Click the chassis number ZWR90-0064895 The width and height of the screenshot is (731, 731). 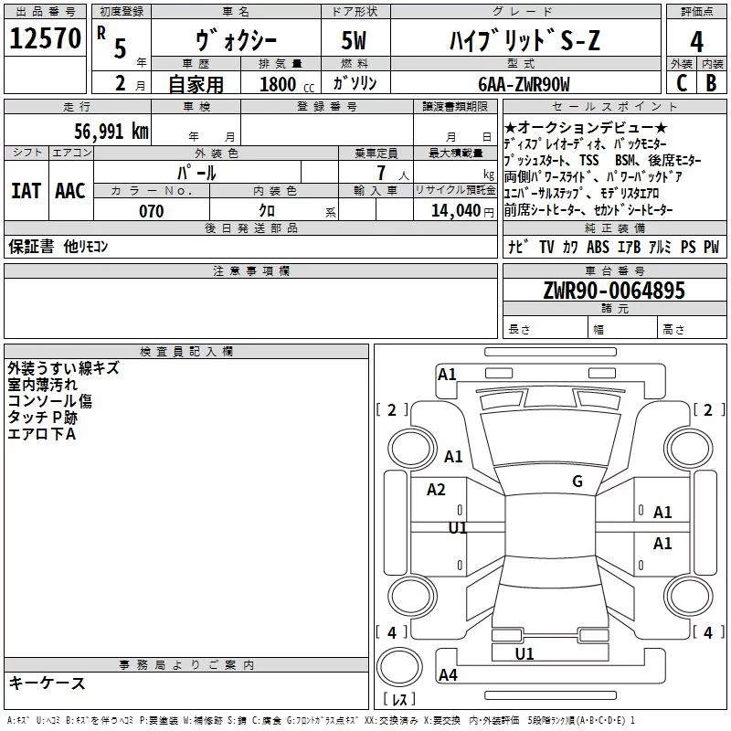613,291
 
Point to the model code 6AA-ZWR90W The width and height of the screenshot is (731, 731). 524,84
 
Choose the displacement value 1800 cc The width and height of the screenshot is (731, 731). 281,84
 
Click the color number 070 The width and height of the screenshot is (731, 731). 151,211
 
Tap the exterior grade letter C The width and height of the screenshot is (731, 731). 680,83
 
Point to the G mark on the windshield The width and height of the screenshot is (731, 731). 577,481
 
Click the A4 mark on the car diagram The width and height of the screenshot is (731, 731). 448,675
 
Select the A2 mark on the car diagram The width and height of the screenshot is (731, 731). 436,490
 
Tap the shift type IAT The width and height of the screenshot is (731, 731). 26,190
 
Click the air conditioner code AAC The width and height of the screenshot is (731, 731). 70,190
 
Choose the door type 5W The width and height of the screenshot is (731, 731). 354,41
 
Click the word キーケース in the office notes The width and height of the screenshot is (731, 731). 48,683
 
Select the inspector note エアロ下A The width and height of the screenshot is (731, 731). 42,433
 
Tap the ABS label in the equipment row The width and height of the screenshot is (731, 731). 598,247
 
